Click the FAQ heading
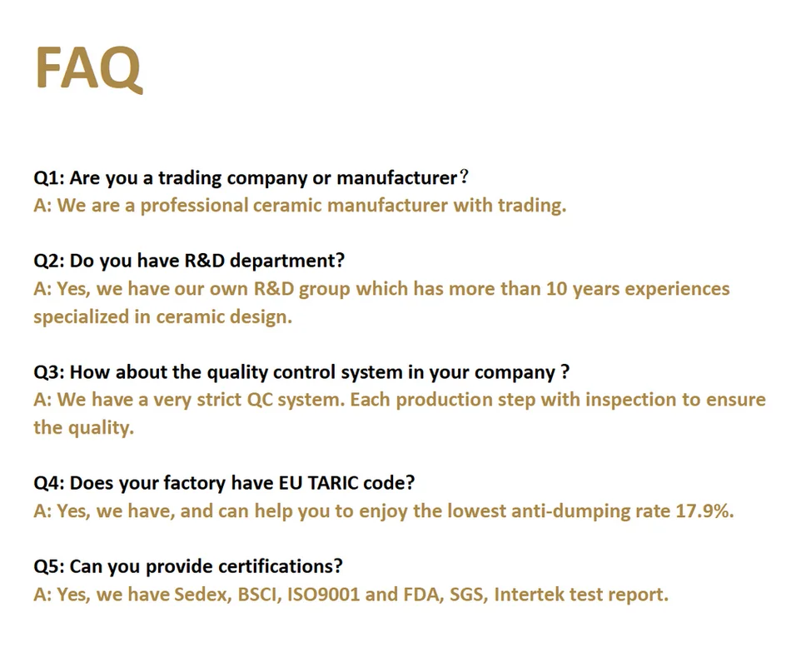click(88, 68)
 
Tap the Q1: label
click(49, 178)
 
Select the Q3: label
click(49, 372)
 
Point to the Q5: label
click(49, 567)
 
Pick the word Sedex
click(203, 595)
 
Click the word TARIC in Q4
click(332, 483)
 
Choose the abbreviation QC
click(260, 401)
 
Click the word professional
click(194, 206)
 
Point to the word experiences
click(678, 290)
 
